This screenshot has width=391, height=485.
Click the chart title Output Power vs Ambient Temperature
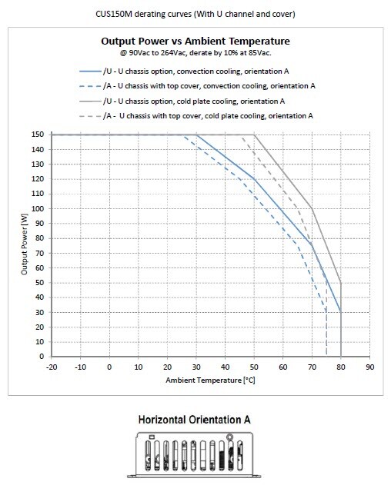(195, 42)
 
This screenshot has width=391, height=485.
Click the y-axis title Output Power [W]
(25, 245)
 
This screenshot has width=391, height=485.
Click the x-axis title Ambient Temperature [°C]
(210, 380)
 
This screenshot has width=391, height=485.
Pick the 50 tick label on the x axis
(254, 367)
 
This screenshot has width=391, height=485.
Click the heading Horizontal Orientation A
(194, 420)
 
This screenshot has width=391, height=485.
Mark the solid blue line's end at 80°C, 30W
(340, 312)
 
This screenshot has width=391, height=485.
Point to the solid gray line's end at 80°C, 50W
(340, 283)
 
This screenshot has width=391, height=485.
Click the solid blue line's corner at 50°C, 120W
(254, 179)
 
